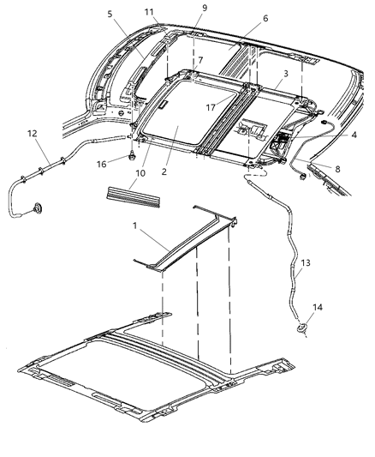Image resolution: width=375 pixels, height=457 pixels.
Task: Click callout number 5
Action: [110, 15]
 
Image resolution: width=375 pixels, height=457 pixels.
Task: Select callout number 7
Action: [200, 62]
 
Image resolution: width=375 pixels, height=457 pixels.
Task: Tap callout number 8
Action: [336, 170]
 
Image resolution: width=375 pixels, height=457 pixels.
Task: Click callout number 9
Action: [204, 9]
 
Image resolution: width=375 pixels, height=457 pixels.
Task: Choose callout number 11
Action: [150, 12]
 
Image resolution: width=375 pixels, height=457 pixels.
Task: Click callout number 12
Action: [32, 134]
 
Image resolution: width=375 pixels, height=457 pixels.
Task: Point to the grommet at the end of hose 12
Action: [39, 208]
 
